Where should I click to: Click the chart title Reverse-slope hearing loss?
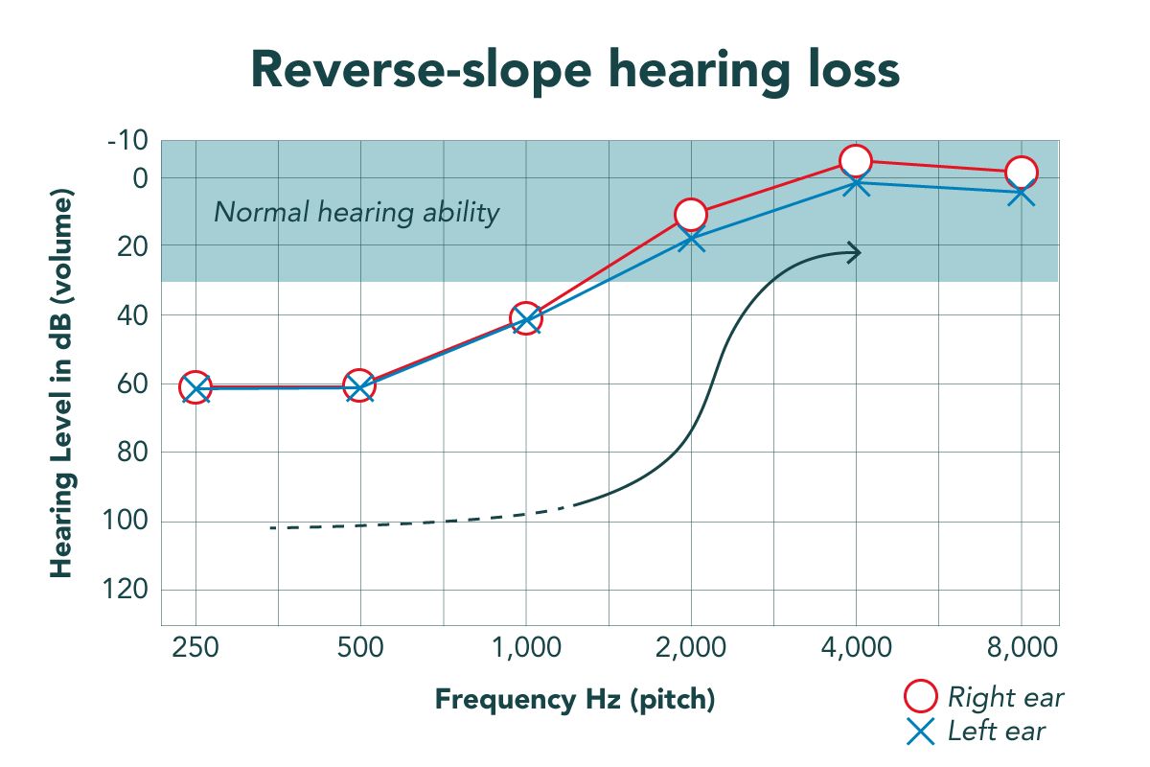(x=575, y=70)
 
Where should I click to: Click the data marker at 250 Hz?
(x=195, y=387)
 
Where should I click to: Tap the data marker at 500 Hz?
(x=359, y=386)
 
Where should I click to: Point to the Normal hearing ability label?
(x=356, y=212)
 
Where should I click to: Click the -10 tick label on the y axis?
(x=127, y=141)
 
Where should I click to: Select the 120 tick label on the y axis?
(x=127, y=589)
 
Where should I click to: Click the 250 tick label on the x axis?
(x=195, y=647)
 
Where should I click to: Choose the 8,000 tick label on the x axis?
(x=1021, y=647)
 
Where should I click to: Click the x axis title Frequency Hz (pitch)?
(x=575, y=699)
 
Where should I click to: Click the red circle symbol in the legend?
(x=921, y=697)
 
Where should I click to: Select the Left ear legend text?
(x=996, y=732)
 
